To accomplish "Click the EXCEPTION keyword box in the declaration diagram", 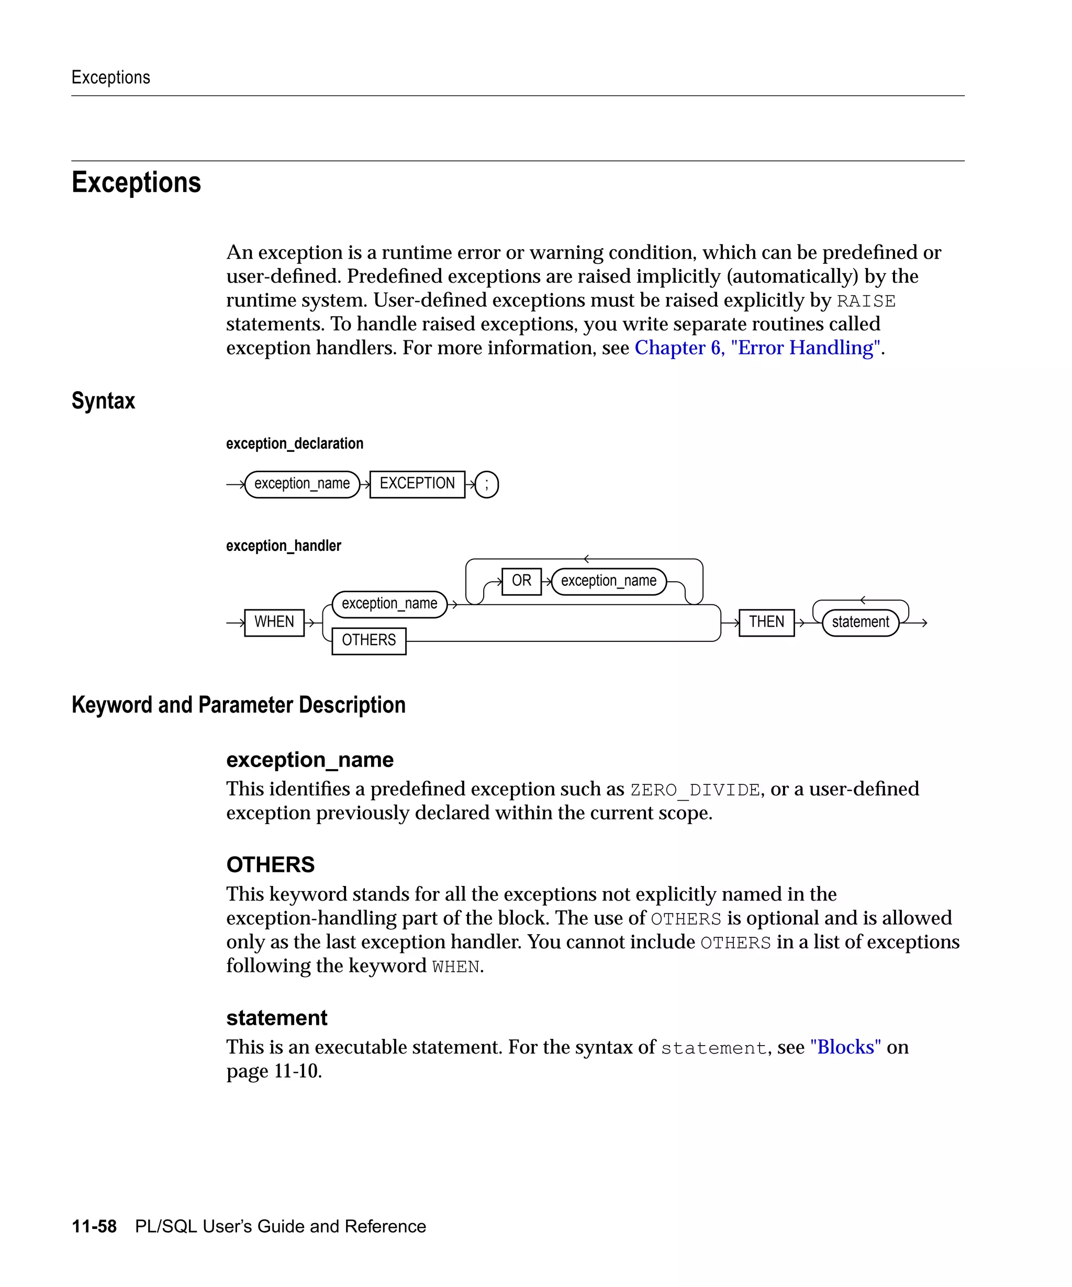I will pyautogui.click(x=417, y=484).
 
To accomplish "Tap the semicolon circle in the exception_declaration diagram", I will pyautogui.click(x=486, y=485).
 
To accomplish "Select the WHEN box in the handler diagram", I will pyautogui.click(x=274, y=623).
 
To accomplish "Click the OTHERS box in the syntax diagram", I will pyautogui.click(x=369, y=641).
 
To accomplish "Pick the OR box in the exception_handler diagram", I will pyautogui.click(x=521, y=581).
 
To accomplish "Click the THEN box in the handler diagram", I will pyautogui.click(x=766, y=623).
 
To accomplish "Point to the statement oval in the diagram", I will pyautogui.click(x=860, y=623).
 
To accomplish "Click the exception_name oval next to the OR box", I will pyautogui.click(x=608, y=581).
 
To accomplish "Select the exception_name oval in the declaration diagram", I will pyautogui.click(x=302, y=484).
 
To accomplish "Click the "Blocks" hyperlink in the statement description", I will pyautogui.click(x=845, y=1047).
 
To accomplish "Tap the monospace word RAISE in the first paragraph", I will pyautogui.click(x=866, y=302).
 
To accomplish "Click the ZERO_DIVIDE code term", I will pyautogui.click(x=695, y=790).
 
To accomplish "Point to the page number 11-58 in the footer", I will pyautogui.click(x=94, y=1226).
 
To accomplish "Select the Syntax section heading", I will pyautogui.click(x=103, y=401).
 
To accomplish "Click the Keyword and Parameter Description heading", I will pyautogui.click(x=238, y=705).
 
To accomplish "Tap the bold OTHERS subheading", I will pyautogui.click(x=270, y=865).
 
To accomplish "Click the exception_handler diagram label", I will pyautogui.click(x=283, y=546).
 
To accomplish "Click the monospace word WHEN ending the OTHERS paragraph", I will pyautogui.click(x=456, y=967).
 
